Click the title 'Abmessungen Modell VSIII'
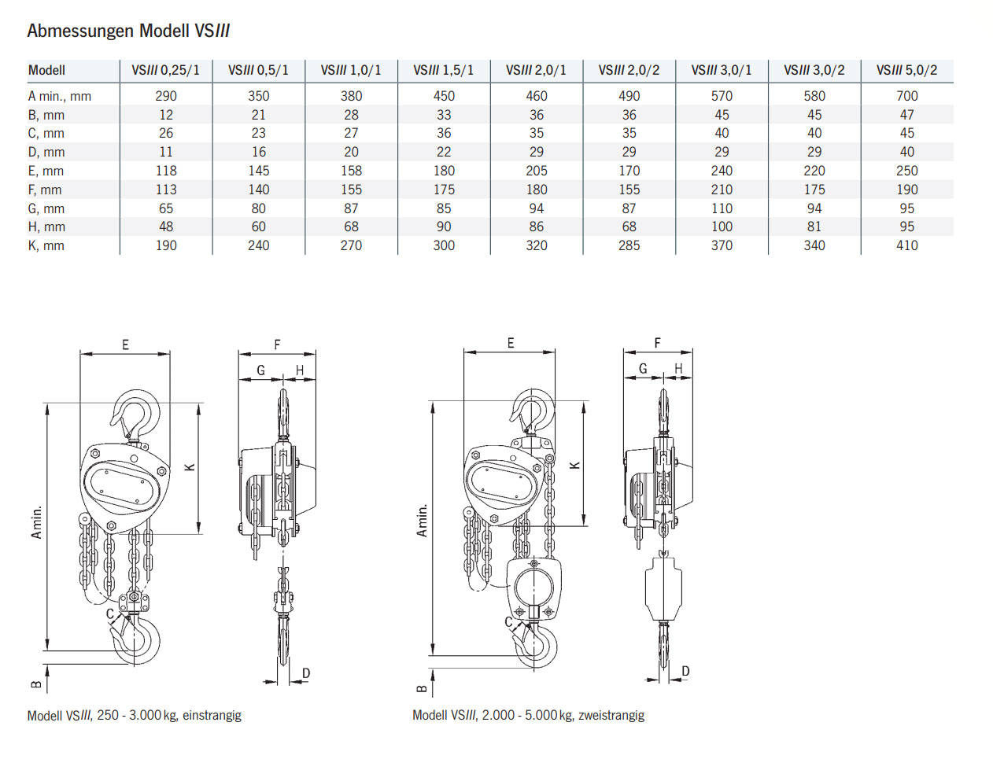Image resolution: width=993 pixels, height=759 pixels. tap(128, 31)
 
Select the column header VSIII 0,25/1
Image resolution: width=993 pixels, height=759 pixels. tap(166, 70)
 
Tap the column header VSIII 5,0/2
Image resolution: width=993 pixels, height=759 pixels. tap(906, 70)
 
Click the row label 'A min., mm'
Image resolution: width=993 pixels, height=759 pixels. tap(60, 96)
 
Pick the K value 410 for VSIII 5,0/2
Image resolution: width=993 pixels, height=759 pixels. tap(906, 245)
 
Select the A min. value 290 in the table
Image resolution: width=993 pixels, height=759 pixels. tap(166, 96)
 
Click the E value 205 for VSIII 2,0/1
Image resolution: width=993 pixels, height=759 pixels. tap(537, 171)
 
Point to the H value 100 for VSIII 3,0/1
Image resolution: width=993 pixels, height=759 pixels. tap(722, 227)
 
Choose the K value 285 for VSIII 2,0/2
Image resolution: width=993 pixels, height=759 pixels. tap(629, 245)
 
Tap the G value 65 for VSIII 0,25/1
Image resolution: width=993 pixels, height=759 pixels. tap(166, 208)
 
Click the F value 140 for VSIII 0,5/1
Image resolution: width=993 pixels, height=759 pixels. tap(259, 190)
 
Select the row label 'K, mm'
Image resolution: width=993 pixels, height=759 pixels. tap(46, 245)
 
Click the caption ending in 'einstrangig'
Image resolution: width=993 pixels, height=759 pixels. tap(135, 715)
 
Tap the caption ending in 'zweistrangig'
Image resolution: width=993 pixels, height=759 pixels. tap(528, 715)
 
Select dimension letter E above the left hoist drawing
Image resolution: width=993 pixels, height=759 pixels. tap(125, 344)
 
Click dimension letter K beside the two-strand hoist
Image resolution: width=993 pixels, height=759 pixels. tap(575, 465)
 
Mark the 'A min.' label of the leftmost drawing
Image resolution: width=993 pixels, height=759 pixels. tap(36, 523)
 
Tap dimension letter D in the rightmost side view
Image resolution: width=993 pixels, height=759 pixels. tap(685, 671)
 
